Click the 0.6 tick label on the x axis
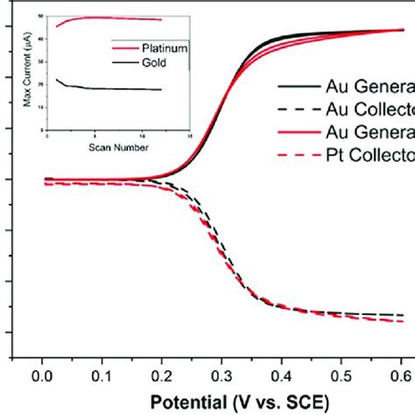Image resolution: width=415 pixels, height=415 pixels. point(403,376)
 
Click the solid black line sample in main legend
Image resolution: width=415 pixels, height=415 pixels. point(299,87)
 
